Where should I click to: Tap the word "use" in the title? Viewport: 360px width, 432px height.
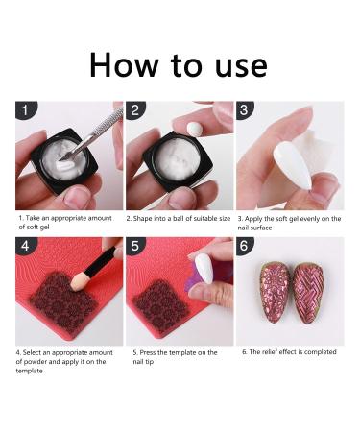click(236, 64)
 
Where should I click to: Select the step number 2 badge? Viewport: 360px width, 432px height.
click(134, 111)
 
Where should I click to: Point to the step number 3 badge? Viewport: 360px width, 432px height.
click(245, 111)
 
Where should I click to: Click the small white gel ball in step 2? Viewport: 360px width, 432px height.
click(196, 127)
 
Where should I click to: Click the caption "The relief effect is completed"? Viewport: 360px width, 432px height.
click(289, 352)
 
